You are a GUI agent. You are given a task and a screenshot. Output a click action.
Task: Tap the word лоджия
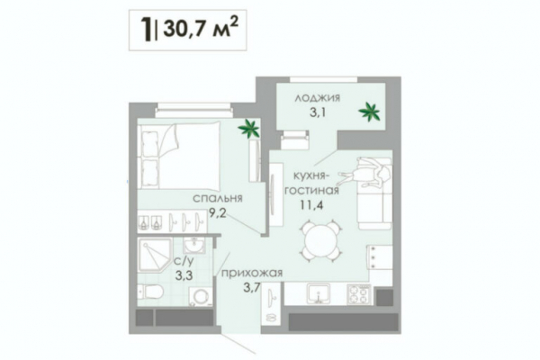point(317,98)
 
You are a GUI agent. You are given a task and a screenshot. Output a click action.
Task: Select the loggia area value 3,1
point(318,112)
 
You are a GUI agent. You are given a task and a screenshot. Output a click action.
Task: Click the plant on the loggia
point(369,112)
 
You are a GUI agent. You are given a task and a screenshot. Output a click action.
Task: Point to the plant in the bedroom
point(248,129)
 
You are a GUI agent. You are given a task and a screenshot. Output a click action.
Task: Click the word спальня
point(218,198)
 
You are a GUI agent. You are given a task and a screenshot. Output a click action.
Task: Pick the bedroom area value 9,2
point(218,213)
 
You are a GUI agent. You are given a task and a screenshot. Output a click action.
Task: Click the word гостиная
point(311,191)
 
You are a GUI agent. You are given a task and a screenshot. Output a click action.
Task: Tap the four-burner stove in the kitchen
point(358,295)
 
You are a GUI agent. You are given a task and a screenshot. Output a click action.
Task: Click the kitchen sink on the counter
point(319,294)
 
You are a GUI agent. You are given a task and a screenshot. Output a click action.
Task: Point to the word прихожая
point(252,274)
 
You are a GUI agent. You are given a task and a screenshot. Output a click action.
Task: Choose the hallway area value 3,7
point(251,288)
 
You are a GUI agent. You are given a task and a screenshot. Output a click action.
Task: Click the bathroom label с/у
point(184,262)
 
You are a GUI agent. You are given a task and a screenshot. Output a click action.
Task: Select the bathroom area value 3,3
point(184,275)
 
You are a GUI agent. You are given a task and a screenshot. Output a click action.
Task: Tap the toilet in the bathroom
point(150,292)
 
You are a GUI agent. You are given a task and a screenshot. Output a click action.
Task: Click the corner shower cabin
point(154,256)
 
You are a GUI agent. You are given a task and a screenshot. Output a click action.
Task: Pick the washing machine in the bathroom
point(200,296)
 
